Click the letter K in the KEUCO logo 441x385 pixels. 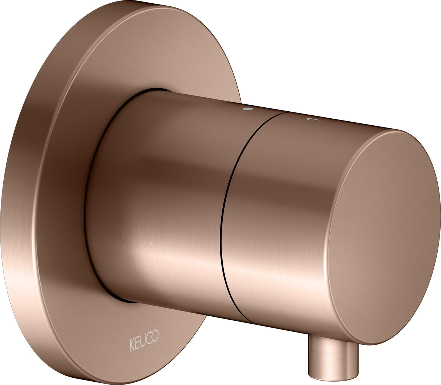coord(132,345)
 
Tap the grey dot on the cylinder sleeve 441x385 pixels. coord(247,109)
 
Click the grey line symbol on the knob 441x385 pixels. coord(313,119)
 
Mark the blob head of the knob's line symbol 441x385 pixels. coord(308,119)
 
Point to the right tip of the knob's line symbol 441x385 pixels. coord(320,119)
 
